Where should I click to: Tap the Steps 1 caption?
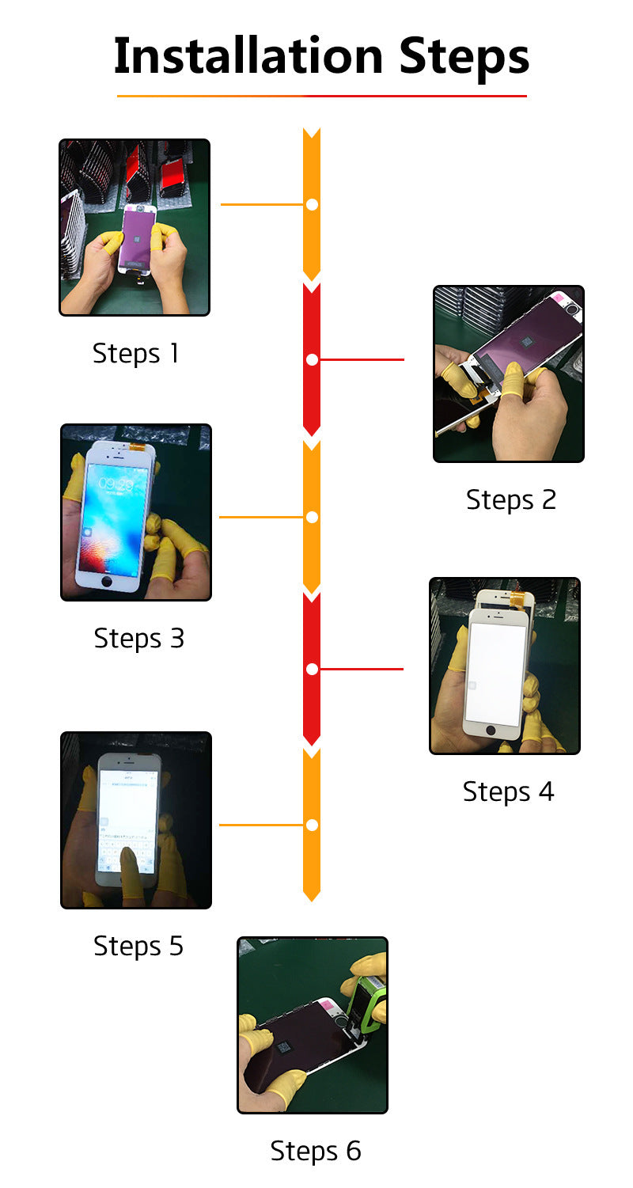tap(136, 353)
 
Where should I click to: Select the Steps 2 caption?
tap(511, 500)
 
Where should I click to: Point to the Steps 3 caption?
tap(138, 638)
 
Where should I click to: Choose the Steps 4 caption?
tap(508, 791)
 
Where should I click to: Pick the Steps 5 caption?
tap(138, 946)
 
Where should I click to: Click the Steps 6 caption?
tap(316, 1151)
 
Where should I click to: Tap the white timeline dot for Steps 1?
tap(312, 204)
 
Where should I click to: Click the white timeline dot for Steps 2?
tap(312, 360)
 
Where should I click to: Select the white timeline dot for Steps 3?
tap(312, 517)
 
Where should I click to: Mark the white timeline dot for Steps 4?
tap(312, 670)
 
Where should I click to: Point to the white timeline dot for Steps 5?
tap(312, 825)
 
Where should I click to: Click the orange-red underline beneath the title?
tap(321, 96)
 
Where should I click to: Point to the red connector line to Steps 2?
tap(362, 360)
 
